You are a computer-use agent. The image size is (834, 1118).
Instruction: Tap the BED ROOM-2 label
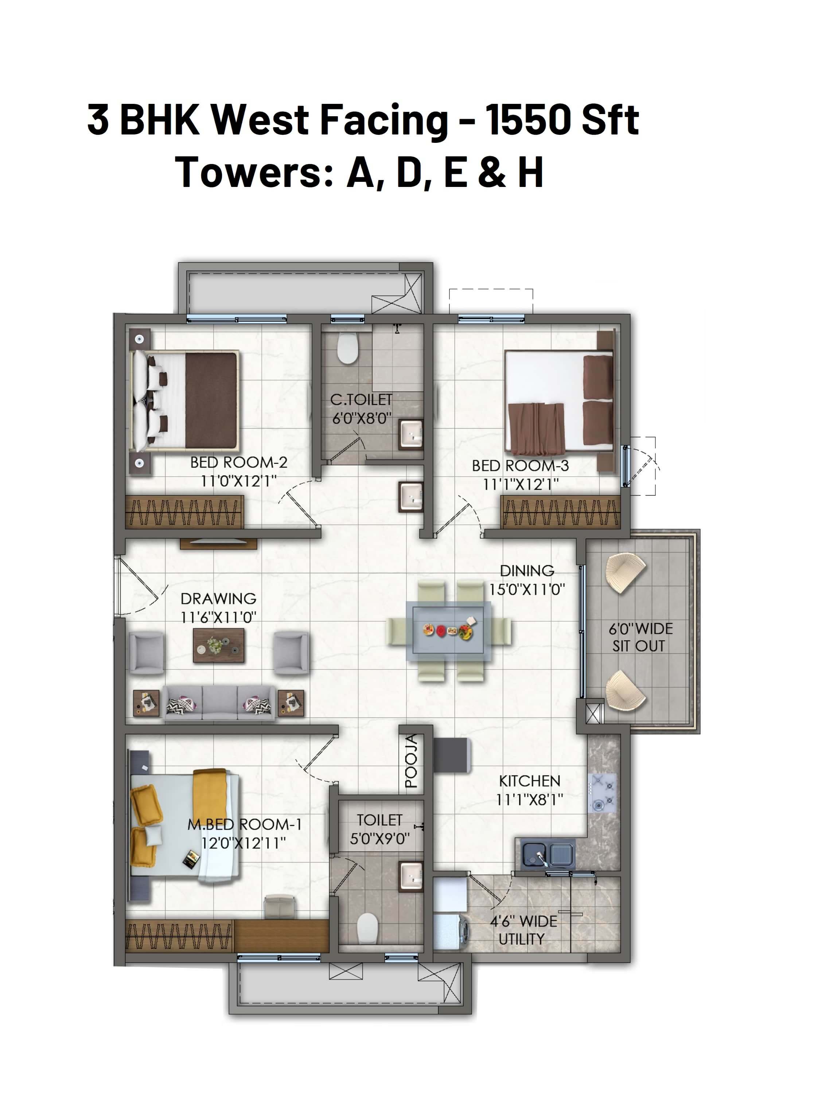coord(239,462)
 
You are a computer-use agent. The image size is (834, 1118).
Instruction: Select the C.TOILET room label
coord(362,400)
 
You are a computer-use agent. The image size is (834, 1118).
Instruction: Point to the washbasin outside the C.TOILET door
coord(411,497)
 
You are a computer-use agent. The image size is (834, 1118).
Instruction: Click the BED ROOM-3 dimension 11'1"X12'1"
coord(521,485)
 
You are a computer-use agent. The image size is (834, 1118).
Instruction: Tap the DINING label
coord(527,571)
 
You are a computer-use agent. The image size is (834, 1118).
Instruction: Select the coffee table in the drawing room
coord(219,645)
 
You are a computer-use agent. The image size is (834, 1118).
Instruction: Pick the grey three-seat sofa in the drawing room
coord(219,702)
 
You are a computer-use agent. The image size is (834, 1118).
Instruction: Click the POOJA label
coord(412,762)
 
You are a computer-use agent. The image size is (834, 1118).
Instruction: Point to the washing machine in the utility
coord(451,931)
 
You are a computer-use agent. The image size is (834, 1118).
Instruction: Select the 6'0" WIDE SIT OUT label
coord(640,637)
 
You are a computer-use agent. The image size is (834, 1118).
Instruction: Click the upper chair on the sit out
coord(625,573)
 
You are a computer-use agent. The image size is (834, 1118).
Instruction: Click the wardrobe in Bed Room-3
coord(560,512)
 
